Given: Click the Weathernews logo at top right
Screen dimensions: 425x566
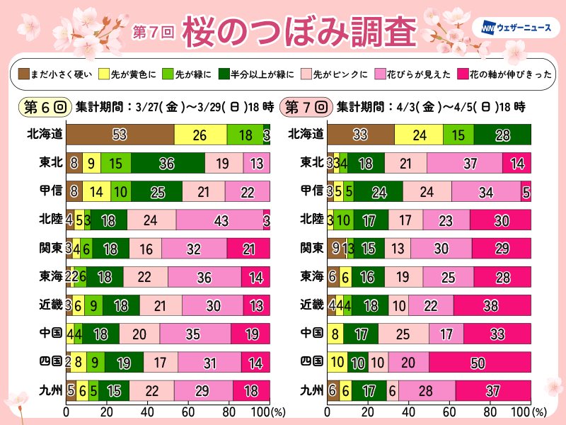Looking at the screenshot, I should point(521,28).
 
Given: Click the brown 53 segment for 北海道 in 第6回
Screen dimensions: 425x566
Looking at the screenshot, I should point(120,134).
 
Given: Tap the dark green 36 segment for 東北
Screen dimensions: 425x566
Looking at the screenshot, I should point(168,162).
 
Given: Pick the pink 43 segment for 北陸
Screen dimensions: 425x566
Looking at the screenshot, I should point(219,219).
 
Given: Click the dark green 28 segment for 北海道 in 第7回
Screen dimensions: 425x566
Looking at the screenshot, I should point(502,134).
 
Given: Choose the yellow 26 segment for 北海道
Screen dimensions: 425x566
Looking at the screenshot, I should point(200,134).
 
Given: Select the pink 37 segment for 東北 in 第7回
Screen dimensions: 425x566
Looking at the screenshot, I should point(465,162).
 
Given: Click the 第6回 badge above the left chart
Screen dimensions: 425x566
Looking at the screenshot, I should point(43,107).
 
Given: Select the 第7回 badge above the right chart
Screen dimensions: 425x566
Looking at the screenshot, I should point(306,107).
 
